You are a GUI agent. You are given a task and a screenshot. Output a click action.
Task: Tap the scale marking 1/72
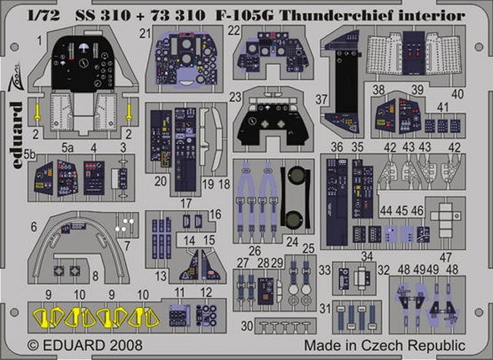tap(44, 16)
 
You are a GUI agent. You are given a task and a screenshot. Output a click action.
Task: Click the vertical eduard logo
tap(17, 135)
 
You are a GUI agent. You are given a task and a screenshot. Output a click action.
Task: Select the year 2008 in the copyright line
tap(126, 346)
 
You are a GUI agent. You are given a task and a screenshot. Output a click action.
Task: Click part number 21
tap(146, 33)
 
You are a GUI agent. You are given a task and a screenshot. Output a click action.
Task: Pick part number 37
tap(322, 99)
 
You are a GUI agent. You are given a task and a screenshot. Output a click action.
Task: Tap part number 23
tap(235, 97)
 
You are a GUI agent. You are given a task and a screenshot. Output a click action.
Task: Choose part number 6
tap(33, 227)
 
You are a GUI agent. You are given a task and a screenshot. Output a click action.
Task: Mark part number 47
tap(445, 257)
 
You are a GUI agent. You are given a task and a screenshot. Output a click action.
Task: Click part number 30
tap(247, 326)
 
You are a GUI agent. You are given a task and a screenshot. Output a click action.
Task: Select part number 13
tap(161, 277)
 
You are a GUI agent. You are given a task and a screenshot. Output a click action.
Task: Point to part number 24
tap(292, 242)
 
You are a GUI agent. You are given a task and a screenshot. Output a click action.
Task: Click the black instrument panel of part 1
tap(83, 63)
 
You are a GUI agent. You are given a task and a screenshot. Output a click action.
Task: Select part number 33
tap(325, 270)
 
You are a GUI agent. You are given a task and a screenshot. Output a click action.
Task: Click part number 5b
tap(30, 155)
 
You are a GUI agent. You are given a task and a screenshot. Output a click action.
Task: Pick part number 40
tap(457, 94)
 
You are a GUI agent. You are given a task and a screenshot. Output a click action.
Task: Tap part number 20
tap(160, 181)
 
